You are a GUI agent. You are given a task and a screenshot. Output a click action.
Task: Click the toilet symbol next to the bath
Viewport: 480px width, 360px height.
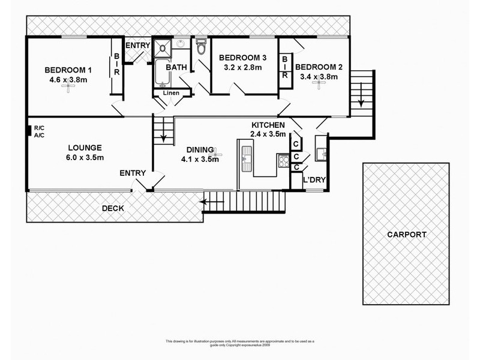(x=201, y=46)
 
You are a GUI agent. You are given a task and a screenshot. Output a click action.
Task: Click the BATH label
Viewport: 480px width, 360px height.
(x=176, y=67)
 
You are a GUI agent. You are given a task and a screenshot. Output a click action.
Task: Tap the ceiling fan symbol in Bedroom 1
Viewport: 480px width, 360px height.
(x=71, y=88)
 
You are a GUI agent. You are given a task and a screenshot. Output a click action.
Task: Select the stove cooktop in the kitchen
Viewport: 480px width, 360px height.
(x=283, y=161)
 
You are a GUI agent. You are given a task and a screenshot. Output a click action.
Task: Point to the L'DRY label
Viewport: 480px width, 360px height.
(x=314, y=180)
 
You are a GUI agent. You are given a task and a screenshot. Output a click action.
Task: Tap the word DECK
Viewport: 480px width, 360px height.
(x=113, y=209)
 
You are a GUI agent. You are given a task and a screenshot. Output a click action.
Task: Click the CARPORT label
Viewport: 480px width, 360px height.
(x=406, y=235)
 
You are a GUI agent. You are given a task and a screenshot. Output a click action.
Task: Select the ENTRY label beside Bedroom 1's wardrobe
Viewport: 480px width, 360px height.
(x=137, y=46)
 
